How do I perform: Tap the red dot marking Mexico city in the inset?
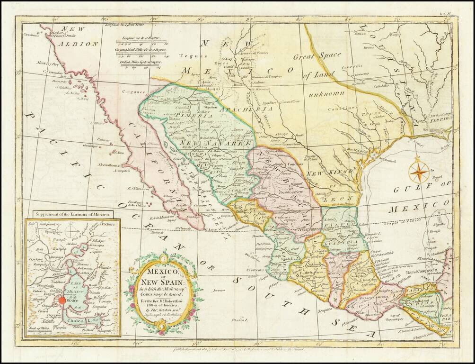coord(62,300)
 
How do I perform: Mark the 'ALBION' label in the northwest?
coord(78,44)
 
